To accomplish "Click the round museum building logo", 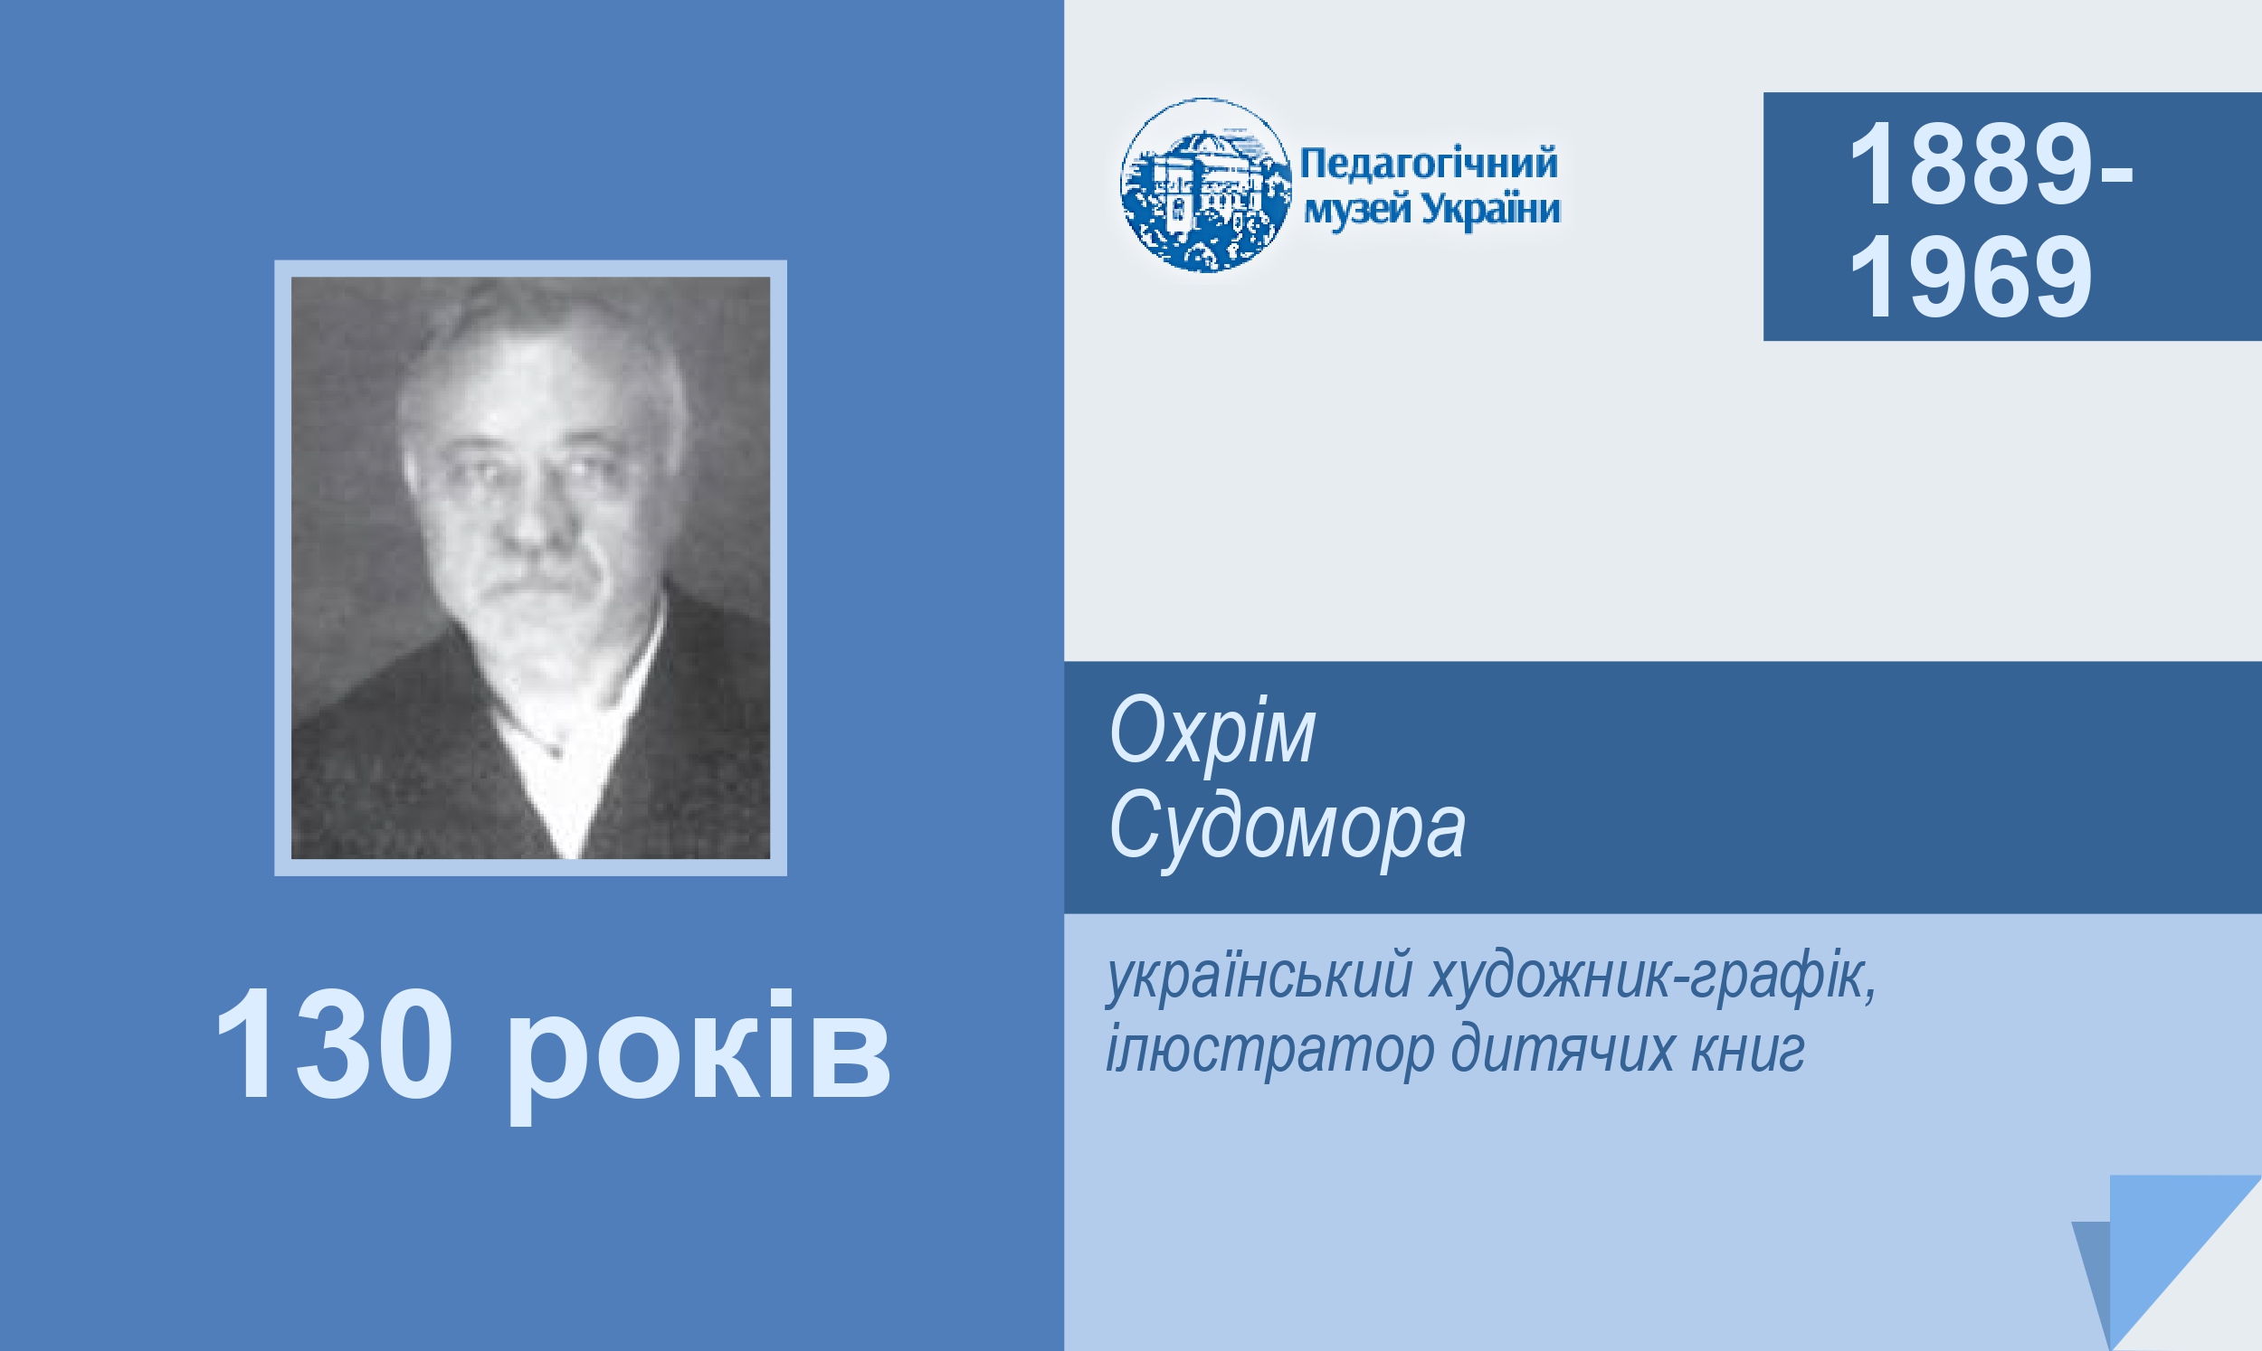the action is pos(1206,184).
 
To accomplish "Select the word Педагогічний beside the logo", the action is pos(1429,164).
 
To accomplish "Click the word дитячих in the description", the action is pos(1562,1050).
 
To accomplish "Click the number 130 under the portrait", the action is pos(333,1045).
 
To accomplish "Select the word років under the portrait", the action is pos(698,1056).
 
